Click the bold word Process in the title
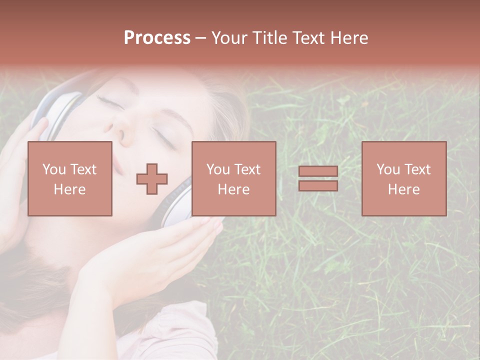[157, 38]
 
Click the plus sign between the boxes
[152, 179]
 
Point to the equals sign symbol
[318, 178]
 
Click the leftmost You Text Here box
[70, 178]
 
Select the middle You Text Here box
[233, 178]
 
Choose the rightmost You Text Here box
[404, 178]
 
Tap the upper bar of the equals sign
[318, 171]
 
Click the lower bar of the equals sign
[318, 185]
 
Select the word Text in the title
[309, 38]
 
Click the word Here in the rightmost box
[404, 189]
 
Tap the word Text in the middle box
[248, 169]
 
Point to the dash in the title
[201, 38]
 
